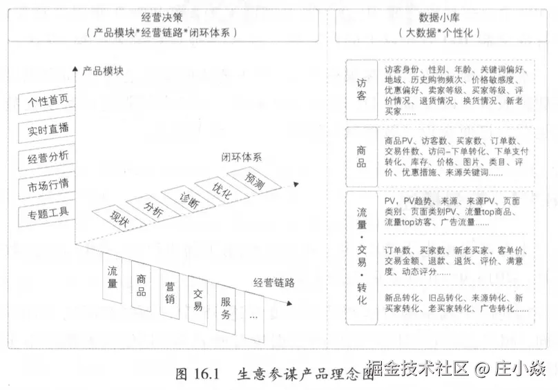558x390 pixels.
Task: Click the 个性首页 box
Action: click(x=48, y=101)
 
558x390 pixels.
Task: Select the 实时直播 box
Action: click(x=48, y=129)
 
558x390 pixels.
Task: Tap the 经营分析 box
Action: click(x=48, y=157)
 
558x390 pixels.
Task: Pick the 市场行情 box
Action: click(x=48, y=184)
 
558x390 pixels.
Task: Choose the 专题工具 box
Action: click(x=48, y=212)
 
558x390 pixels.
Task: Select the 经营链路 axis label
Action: click(x=274, y=282)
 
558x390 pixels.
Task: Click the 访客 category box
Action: click(x=361, y=89)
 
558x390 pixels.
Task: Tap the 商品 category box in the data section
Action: click(x=361, y=155)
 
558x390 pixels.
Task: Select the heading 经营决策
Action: click(x=162, y=19)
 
